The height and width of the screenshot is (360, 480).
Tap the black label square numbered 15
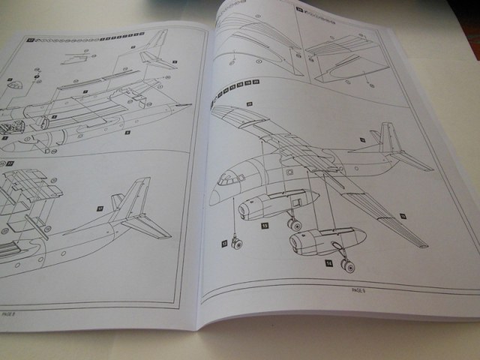coord(265,225)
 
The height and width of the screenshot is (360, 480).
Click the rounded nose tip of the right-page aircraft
coord(212,196)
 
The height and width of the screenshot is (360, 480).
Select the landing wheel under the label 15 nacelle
coord(295,223)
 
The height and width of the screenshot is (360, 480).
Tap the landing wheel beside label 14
coord(347,263)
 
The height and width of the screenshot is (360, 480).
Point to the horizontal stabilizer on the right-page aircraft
coord(409,160)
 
